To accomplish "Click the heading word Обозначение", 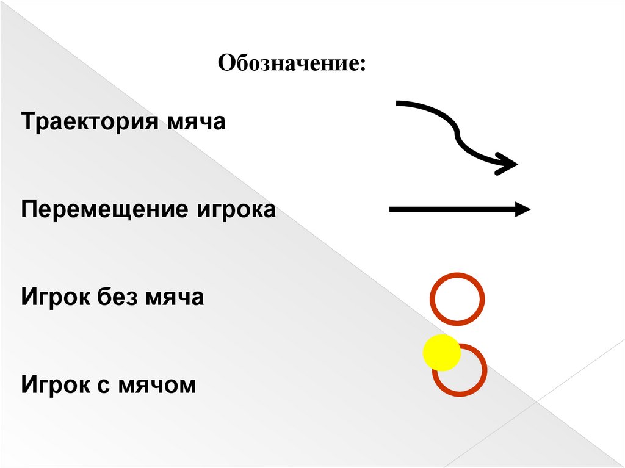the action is tap(290, 63).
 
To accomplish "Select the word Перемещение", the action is tap(104, 210).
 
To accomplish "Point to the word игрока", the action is tap(236, 210).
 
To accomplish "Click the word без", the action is tap(117, 298).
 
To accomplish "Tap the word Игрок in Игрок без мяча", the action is tap(55, 298).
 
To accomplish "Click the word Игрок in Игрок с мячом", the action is tap(55, 386).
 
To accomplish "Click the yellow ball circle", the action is tap(441, 353).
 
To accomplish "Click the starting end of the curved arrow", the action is tap(399, 103).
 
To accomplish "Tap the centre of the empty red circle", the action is tap(457, 299).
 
